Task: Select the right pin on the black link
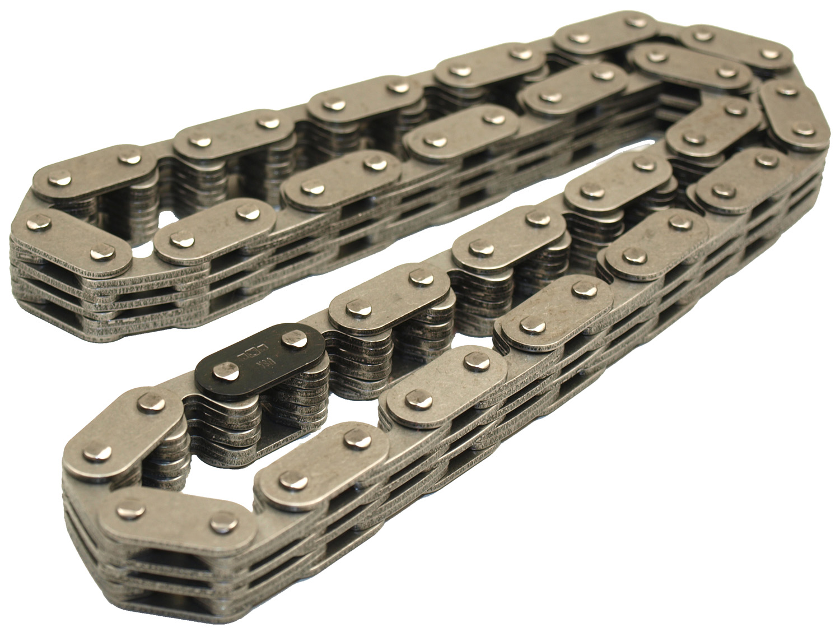click(292, 339)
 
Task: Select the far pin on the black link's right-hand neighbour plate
click(416, 276)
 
